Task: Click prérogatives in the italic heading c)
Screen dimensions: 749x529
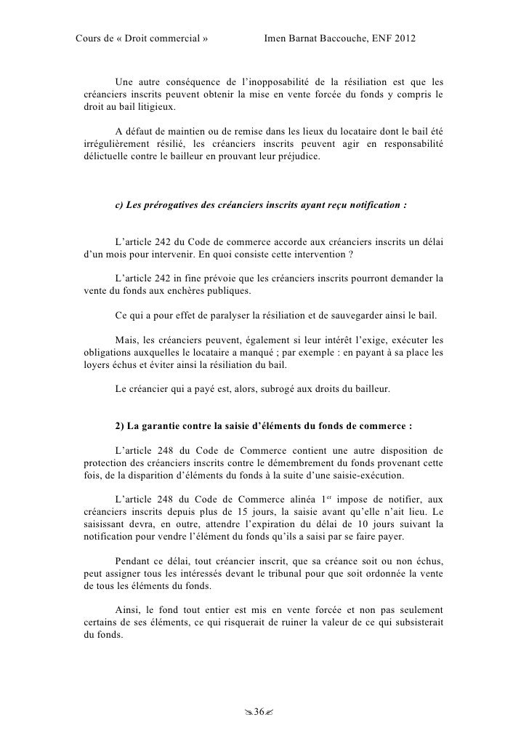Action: [x=173, y=206]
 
